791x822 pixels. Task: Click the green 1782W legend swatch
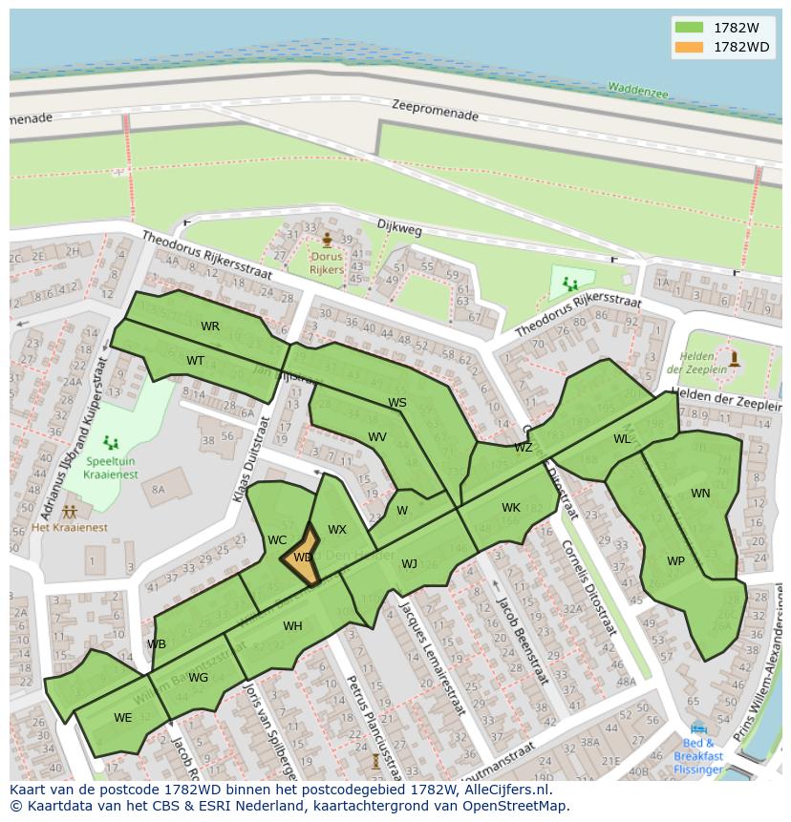pyautogui.click(x=688, y=27)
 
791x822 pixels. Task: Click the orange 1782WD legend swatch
pyautogui.click(x=688, y=47)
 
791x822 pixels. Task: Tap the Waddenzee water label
pyautogui.click(x=638, y=89)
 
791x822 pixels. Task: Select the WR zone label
pyautogui.click(x=210, y=327)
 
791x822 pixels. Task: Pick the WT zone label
pyautogui.click(x=195, y=361)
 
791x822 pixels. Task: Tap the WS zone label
pyautogui.click(x=397, y=403)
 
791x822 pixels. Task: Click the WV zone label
pyautogui.click(x=377, y=437)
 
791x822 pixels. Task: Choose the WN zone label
pyautogui.click(x=700, y=494)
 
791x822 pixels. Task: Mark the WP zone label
pyautogui.click(x=675, y=561)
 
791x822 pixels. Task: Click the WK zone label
pyautogui.click(x=511, y=508)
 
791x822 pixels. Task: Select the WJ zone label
pyautogui.click(x=409, y=564)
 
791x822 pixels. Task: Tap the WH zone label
pyautogui.click(x=292, y=626)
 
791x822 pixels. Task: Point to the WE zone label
pyautogui.click(x=122, y=718)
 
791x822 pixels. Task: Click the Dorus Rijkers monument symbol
pyautogui.click(x=327, y=240)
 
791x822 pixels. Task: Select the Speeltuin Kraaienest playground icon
pyautogui.click(x=111, y=442)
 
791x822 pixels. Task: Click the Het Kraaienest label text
pyautogui.click(x=70, y=527)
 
